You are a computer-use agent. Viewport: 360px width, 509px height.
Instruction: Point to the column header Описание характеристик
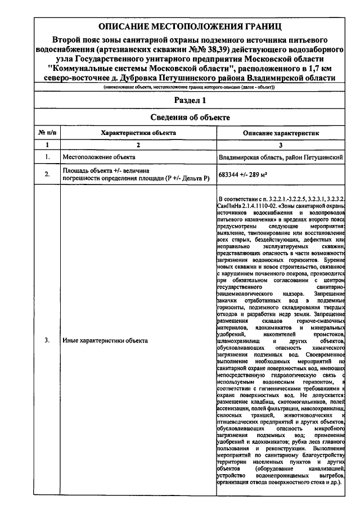pos(281,133)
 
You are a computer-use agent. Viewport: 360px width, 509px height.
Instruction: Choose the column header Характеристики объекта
pos(138,133)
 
